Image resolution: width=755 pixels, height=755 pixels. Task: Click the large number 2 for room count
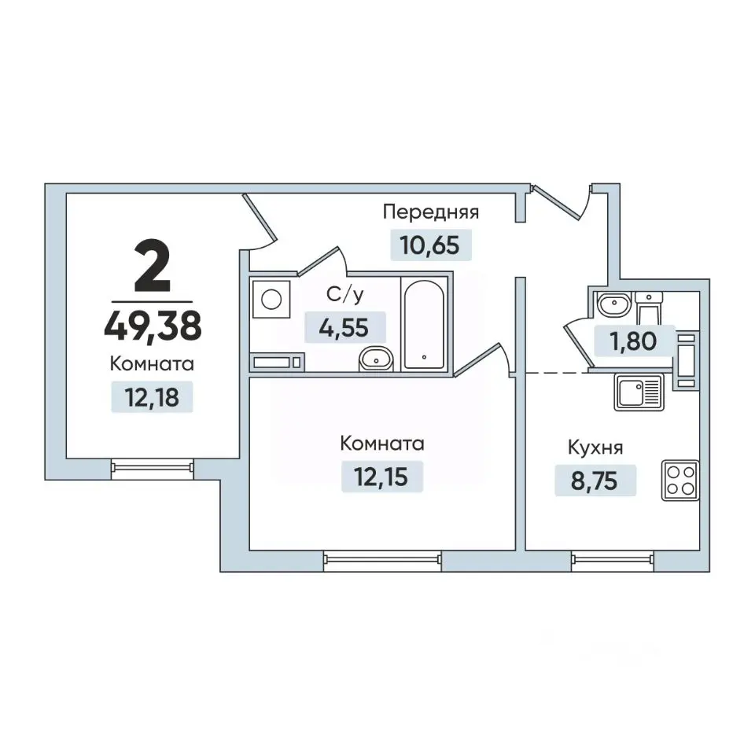tap(153, 267)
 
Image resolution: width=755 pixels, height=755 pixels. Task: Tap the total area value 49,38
tap(153, 326)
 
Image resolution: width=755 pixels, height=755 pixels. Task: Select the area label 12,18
tap(152, 397)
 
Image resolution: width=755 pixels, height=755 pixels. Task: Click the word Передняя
tap(431, 212)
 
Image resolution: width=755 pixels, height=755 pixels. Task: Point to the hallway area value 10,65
tap(430, 245)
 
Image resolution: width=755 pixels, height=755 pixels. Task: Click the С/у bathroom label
tap(344, 295)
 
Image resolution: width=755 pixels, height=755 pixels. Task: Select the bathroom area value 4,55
tap(344, 328)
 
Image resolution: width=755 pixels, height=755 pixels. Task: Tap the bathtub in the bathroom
tap(424, 325)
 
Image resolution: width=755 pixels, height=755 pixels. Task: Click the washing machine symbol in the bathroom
tap(271, 300)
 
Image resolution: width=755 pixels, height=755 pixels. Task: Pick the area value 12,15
tap(381, 477)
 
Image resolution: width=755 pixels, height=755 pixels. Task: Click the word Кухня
tap(595, 447)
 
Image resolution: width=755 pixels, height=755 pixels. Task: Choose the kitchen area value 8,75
tap(595, 481)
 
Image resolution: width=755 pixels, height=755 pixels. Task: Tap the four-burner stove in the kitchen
tap(680, 480)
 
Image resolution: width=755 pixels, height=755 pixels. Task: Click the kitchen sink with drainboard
tap(639, 392)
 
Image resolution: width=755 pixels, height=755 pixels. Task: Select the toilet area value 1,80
tap(634, 341)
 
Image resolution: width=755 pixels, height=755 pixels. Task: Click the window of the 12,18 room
tap(152, 467)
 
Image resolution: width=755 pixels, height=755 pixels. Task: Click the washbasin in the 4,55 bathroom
tap(376, 359)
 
